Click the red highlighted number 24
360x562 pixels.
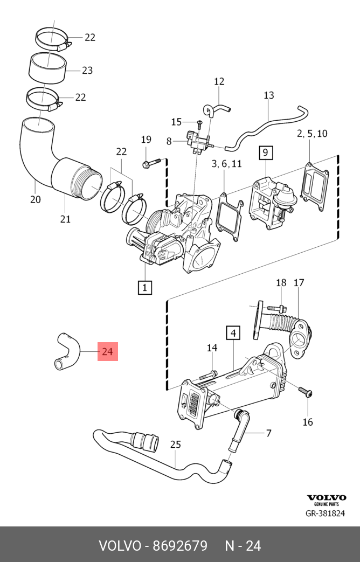click(107, 352)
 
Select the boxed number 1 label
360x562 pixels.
click(144, 287)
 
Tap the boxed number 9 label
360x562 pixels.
click(265, 153)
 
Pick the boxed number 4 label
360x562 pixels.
click(233, 334)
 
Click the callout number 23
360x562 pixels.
click(87, 70)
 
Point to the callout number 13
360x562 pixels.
click(269, 95)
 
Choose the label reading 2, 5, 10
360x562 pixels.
click(311, 133)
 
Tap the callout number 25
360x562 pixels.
click(176, 445)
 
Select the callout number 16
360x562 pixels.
click(307, 422)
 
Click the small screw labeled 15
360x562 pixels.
click(198, 123)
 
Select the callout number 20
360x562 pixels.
click(35, 199)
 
